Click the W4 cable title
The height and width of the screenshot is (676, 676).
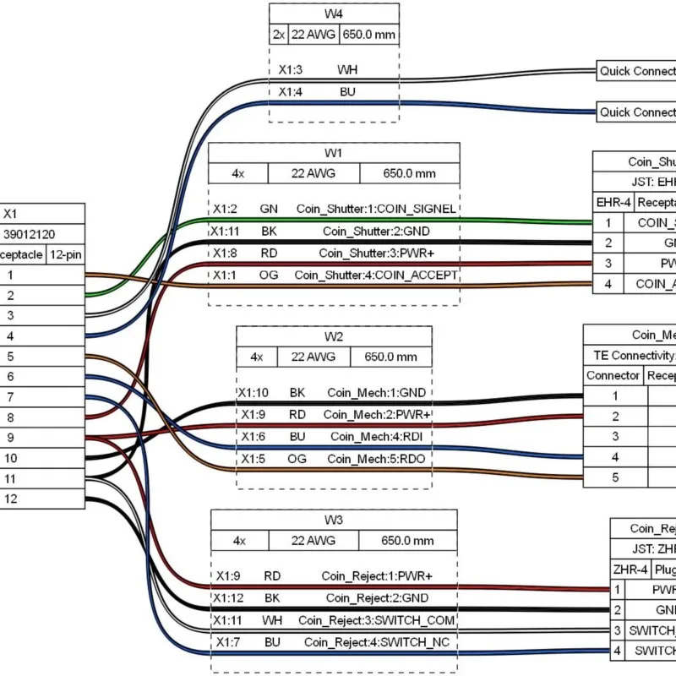click(334, 14)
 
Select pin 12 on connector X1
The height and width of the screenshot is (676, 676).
click(11, 499)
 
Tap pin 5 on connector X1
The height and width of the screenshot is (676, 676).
click(11, 356)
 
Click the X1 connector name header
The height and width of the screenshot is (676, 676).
click(11, 214)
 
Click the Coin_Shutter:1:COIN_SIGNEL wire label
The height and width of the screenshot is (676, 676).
click(376, 209)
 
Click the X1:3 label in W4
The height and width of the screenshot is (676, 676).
click(291, 70)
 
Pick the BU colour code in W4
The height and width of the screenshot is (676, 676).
click(347, 91)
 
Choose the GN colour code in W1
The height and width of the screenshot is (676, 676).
click(269, 209)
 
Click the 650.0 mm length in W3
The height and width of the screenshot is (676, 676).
click(407, 541)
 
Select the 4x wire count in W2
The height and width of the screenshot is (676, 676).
click(257, 357)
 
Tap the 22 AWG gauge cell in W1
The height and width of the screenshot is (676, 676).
click(313, 173)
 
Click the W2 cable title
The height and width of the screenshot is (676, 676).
click(334, 335)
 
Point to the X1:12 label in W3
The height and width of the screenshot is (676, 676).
click(230, 598)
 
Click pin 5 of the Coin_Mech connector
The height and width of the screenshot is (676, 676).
click(615, 477)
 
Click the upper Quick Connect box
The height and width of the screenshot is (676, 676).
click(636, 71)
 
